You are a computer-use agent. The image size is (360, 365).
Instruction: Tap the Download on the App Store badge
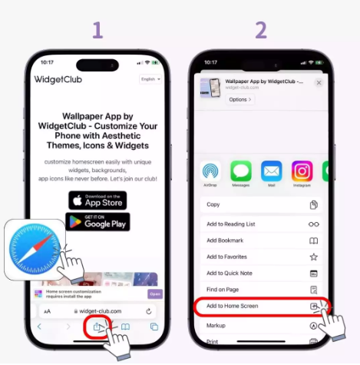[97, 200]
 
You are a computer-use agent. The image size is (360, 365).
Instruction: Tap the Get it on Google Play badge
[97, 222]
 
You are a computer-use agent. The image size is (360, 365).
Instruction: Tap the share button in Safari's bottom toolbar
[97, 326]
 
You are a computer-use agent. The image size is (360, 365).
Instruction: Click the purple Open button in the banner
[155, 294]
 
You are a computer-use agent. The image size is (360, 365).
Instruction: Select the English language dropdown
[150, 79]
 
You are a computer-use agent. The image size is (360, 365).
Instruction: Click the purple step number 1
[97, 30]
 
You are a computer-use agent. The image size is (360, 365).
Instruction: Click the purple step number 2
[261, 30]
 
